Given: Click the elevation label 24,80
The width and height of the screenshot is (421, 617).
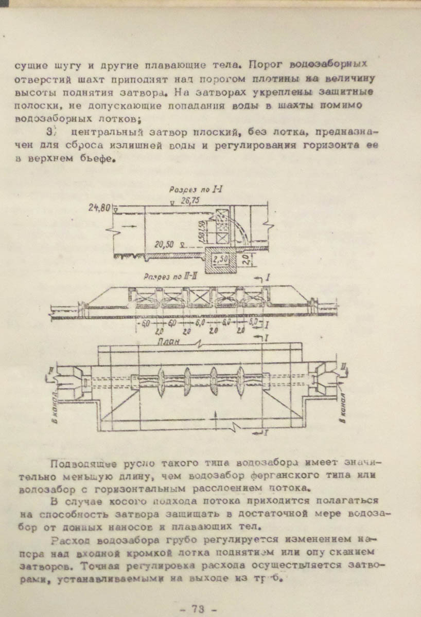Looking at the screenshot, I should [99, 208].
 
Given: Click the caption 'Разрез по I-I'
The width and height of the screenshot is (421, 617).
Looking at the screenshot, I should [190, 189].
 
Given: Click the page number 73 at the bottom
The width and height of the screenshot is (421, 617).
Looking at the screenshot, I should [198, 609].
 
